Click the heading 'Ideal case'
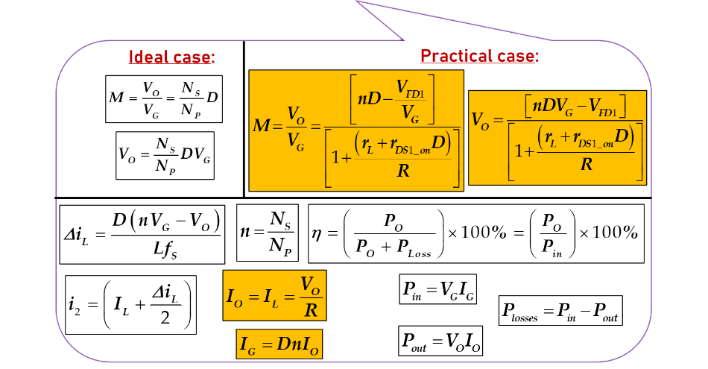click(x=171, y=57)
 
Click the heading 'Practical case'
click(x=479, y=56)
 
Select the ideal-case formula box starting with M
click(x=164, y=98)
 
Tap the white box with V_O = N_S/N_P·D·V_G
click(x=165, y=155)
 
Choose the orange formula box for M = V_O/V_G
click(x=356, y=130)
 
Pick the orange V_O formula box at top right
click(x=557, y=136)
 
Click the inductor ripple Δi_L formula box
click(x=142, y=234)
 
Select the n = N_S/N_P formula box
click(x=268, y=233)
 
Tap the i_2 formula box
click(x=131, y=304)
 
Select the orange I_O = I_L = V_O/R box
click(x=274, y=295)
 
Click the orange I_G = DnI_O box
click(x=279, y=344)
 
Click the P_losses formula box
click(x=560, y=310)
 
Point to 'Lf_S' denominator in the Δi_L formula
click(x=167, y=251)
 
